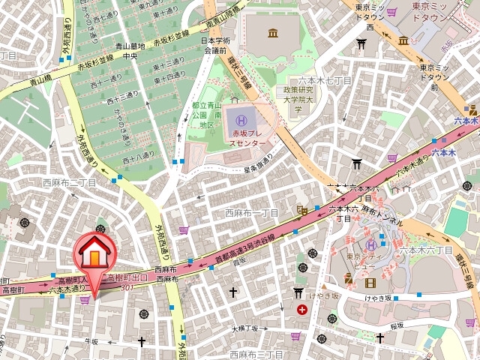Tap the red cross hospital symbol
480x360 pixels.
coord(301,309)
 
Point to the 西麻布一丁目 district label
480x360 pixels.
coord(251,213)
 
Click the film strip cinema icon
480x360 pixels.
coord(369,283)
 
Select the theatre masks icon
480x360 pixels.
coord(349,278)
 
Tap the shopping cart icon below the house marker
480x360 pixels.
coord(85,299)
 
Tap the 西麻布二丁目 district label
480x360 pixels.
coord(69,182)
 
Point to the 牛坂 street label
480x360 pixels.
coord(91,341)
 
